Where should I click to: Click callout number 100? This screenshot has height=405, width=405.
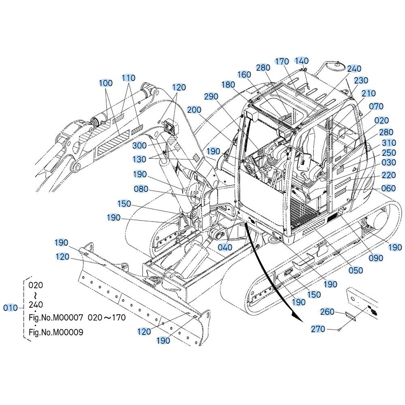point(106,83)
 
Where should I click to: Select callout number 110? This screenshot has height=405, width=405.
point(128,78)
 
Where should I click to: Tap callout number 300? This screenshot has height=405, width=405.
point(139,145)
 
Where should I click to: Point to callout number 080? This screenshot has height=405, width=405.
point(141,189)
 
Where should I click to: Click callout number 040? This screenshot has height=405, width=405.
point(225,247)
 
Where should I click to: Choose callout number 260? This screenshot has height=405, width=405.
point(327,312)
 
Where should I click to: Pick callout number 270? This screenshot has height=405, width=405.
point(318,329)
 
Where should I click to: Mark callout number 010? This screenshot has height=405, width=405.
point(11,308)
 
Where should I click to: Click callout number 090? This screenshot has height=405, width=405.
point(376,258)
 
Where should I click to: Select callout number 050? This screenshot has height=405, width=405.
point(356,271)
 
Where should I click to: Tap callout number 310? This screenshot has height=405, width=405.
point(389,143)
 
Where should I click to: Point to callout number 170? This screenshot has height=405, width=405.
point(282,62)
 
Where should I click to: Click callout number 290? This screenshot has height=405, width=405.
point(211,97)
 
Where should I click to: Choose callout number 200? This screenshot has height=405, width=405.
point(194,110)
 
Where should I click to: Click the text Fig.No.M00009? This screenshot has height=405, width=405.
point(56,332)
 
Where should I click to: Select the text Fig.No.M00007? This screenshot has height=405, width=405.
point(56,317)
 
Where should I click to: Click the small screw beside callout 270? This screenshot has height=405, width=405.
point(339,329)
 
